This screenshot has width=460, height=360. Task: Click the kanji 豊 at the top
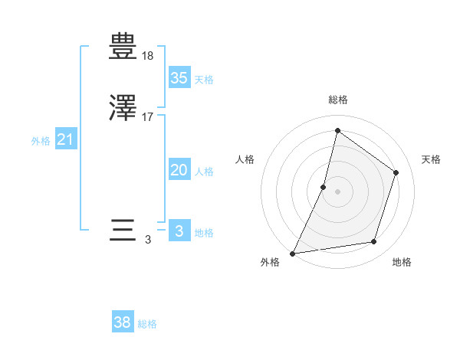(123, 48)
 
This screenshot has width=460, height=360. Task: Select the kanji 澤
(123, 110)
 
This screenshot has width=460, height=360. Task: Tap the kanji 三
(123, 231)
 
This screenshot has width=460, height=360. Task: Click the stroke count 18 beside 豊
(148, 57)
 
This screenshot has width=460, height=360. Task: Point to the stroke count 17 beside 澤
(148, 118)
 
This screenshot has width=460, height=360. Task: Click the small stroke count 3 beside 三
(148, 240)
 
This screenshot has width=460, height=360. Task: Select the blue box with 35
(179, 77)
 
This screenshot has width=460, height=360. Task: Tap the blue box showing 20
(179, 170)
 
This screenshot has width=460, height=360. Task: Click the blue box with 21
(65, 139)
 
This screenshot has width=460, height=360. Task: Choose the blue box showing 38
(122, 322)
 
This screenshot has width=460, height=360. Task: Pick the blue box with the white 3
(179, 231)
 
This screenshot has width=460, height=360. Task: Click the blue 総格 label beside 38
(147, 324)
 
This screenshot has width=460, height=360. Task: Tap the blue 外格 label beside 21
(41, 141)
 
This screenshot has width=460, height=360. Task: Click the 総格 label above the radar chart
(337, 100)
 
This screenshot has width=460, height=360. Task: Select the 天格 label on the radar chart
(431, 159)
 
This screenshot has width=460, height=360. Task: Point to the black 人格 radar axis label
(245, 159)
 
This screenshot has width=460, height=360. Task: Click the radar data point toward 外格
(293, 253)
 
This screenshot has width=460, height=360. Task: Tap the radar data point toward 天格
(396, 172)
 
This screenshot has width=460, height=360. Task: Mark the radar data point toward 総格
(337, 130)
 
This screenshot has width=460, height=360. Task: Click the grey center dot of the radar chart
(337, 191)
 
